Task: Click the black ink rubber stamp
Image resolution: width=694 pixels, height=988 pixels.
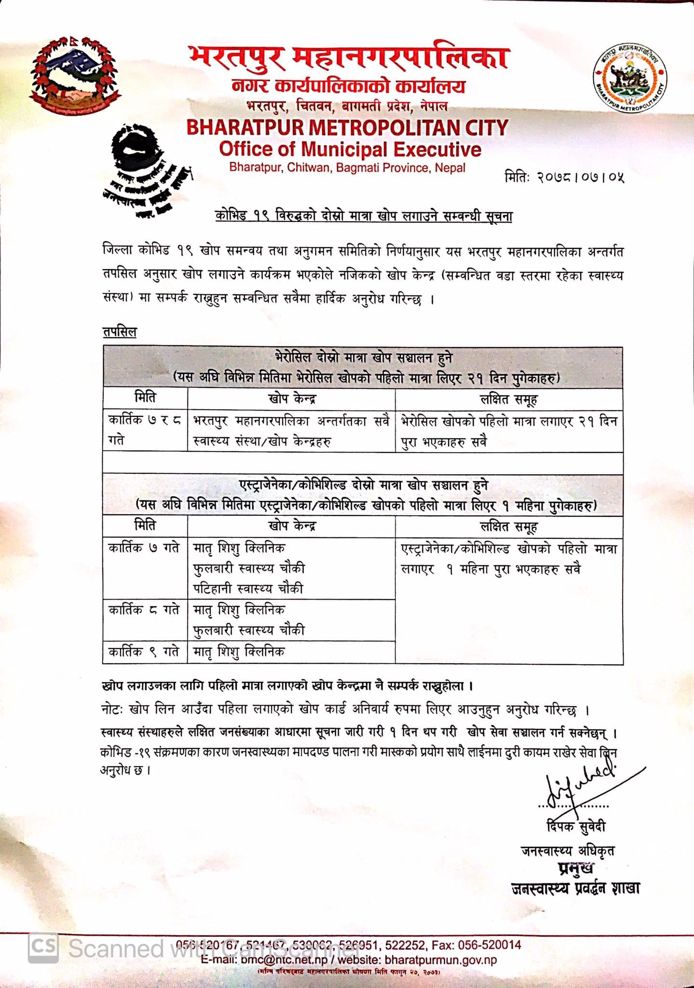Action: [145, 169]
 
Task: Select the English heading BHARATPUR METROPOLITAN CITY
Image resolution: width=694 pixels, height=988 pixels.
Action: [347, 127]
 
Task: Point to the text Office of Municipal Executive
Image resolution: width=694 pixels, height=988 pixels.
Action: [350, 149]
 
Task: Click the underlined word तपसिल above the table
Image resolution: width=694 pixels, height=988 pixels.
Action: [120, 332]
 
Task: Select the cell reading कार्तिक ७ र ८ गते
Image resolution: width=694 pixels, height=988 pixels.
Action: [145, 430]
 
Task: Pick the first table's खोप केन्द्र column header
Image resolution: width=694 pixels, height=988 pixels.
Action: [292, 398]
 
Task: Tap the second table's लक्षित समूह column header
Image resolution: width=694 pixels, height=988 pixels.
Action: [508, 526]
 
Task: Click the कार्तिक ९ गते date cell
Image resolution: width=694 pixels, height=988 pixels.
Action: [144, 652]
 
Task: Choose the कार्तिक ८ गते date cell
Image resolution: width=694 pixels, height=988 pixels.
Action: [144, 610]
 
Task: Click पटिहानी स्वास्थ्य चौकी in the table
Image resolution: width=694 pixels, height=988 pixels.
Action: [248, 589]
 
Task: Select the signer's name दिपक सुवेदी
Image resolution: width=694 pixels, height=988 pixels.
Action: [575, 826]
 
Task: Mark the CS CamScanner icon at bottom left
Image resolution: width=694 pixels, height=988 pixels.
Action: [43, 948]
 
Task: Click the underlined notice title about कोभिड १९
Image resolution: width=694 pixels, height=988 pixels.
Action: [363, 216]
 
